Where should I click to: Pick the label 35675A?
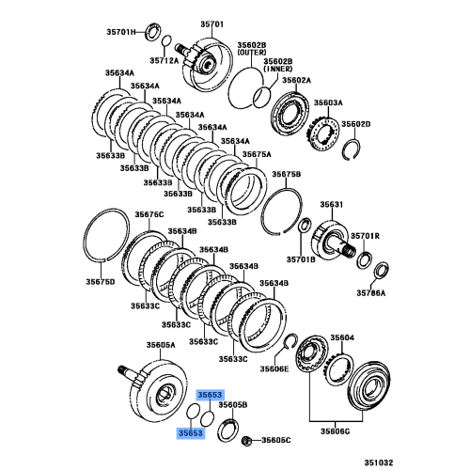click(x=257, y=154)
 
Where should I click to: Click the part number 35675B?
click(x=287, y=175)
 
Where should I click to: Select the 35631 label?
click(x=332, y=204)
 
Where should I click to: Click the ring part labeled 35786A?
click(x=381, y=273)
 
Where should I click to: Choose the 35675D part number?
click(x=100, y=281)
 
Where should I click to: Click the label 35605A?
click(x=159, y=346)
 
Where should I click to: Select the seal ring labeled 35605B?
click(x=227, y=431)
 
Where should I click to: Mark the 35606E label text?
click(x=275, y=370)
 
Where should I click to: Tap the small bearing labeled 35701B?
click(x=305, y=226)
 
